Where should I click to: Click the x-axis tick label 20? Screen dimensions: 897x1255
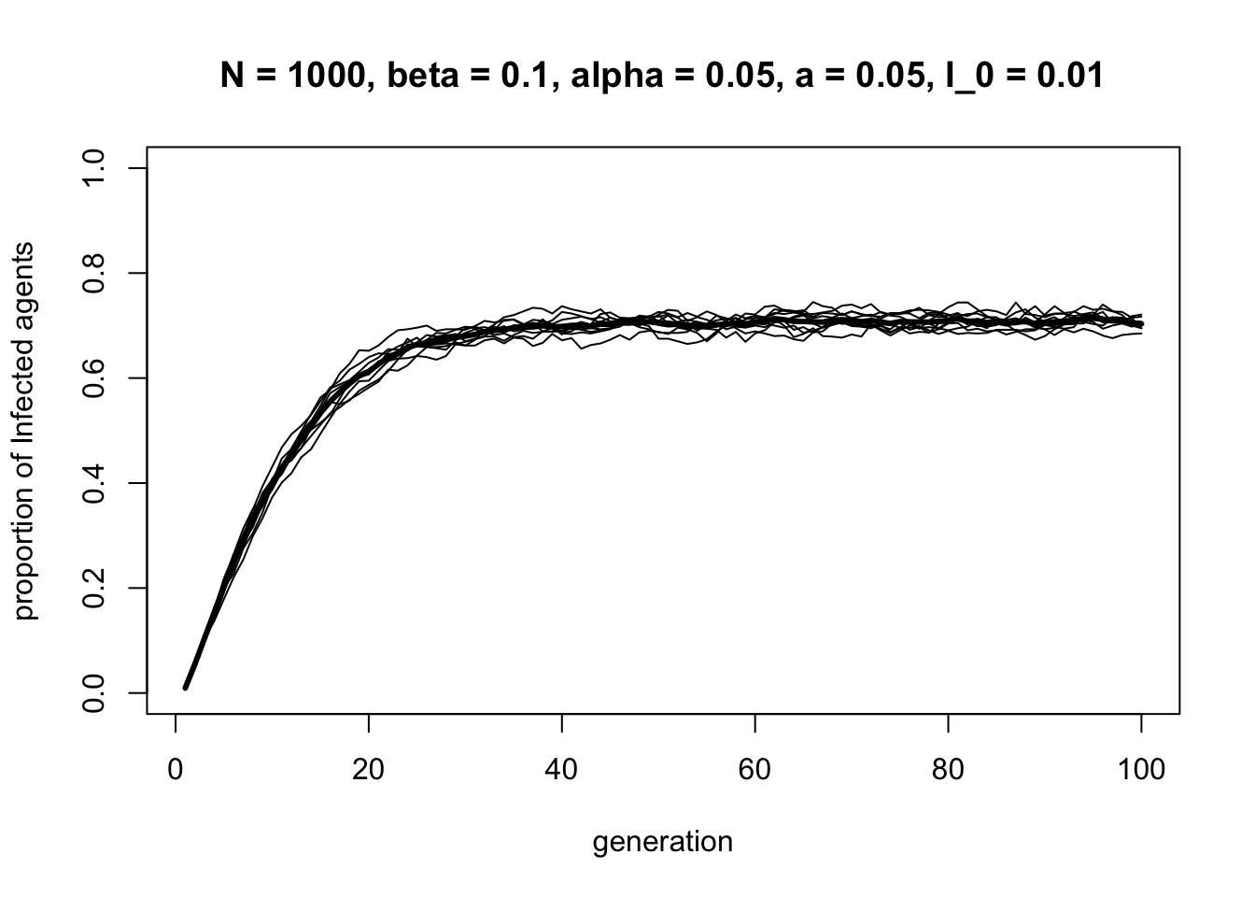point(369,771)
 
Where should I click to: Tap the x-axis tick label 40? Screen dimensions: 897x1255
point(562,771)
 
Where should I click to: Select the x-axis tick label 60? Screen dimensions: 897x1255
point(754,771)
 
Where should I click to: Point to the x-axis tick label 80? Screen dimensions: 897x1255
point(948,771)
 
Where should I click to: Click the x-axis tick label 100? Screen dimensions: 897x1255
point(1141,771)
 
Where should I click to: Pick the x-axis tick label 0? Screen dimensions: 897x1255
point(176,771)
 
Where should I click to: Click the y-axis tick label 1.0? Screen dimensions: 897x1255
point(93,168)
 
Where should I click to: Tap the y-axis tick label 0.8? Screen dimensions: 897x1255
point(93,273)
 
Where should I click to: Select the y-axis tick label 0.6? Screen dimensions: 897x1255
point(93,377)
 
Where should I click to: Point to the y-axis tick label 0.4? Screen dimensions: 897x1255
point(93,483)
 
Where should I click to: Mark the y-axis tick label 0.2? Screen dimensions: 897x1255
point(93,588)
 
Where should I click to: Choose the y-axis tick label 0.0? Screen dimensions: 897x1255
point(93,693)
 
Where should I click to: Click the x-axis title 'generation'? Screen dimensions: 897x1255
point(663,843)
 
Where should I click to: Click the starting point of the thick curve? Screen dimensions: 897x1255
point(185,688)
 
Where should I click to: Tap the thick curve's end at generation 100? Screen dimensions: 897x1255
point(1141,324)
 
